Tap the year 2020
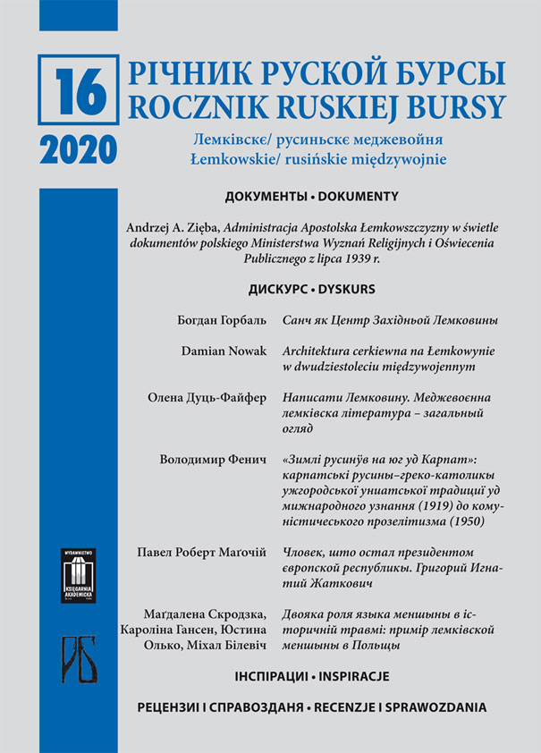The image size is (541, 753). [x=79, y=148]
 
